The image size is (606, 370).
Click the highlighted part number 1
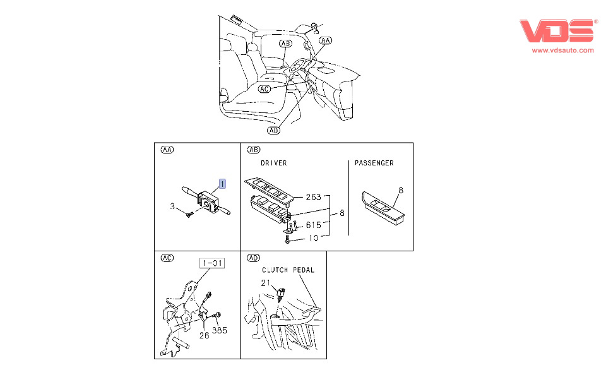[x=222, y=184]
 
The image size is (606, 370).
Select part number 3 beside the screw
[x=172, y=206]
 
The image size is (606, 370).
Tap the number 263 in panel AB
[x=314, y=197]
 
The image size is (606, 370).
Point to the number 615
[x=314, y=225]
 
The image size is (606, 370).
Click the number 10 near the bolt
[x=314, y=238]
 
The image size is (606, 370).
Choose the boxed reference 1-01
[x=212, y=263]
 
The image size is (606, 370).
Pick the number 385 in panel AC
[x=220, y=330]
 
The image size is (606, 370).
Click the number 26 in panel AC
[x=204, y=336]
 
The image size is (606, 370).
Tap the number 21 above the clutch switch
[x=266, y=283]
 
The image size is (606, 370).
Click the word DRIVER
[x=273, y=163]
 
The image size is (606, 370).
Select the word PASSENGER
[x=374, y=163]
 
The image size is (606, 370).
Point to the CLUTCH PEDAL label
[x=288, y=270]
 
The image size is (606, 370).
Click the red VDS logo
[x=557, y=30]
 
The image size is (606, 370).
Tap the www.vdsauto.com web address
[x=562, y=51]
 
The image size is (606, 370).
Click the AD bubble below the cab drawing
[x=273, y=131]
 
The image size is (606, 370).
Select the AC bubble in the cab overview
[x=264, y=89]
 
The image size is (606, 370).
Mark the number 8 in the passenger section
[x=401, y=190]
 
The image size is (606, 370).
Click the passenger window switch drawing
[x=383, y=208]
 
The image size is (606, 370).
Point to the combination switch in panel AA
[x=206, y=201]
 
